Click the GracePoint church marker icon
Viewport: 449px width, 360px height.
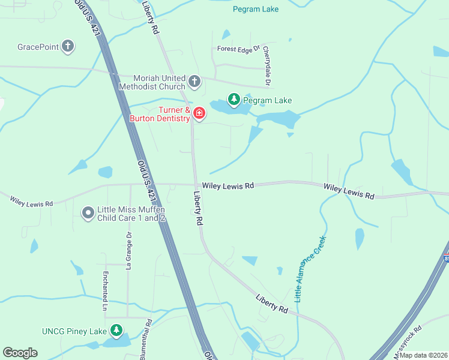pos(68,46)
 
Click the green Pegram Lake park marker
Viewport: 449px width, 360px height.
pos(233,99)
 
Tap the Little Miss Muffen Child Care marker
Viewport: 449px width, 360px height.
pos(88,213)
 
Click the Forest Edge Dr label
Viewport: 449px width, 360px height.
pos(238,50)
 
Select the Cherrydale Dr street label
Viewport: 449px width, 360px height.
pos(268,65)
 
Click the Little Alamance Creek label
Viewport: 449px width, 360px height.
pos(310,268)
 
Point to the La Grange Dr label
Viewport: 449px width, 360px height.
pos(128,251)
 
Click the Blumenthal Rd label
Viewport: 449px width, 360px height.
pos(146,341)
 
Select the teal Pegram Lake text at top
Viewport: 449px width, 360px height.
pos(255,9)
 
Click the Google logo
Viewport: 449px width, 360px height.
pos(20,353)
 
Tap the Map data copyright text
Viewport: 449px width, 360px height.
pos(423,355)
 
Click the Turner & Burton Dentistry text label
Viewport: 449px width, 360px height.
pos(160,114)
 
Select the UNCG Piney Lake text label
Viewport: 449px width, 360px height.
pos(74,331)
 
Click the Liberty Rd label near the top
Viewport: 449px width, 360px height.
pos(151,17)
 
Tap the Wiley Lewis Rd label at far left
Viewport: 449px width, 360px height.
pos(31,200)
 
